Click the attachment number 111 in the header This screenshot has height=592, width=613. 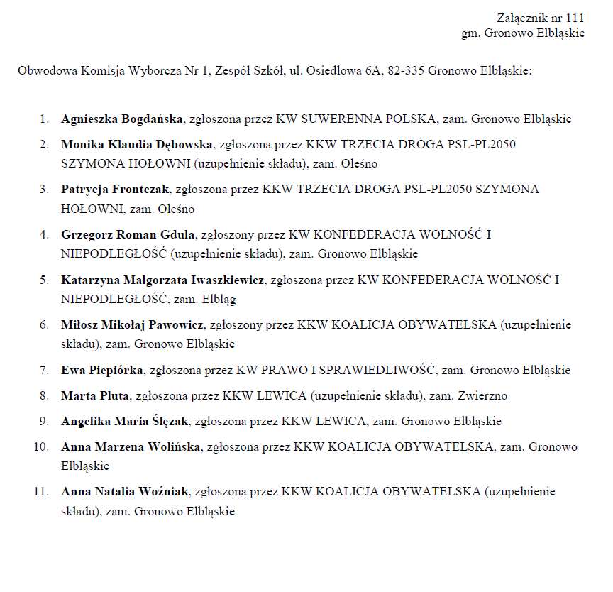pyautogui.click(x=575, y=19)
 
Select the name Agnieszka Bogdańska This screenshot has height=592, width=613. pyautogui.click(x=122, y=119)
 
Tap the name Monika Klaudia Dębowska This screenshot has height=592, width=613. pyautogui.click(x=137, y=145)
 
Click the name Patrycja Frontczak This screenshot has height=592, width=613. pyautogui.click(x=115, y=190)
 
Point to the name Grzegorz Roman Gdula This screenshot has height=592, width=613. pyautogui.click(x=128, y=234)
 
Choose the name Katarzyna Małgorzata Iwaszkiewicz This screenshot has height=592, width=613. pyautogui.click(x=162, y=280)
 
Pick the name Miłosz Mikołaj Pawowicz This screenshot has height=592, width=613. pyautogui.click(x=133, y=325)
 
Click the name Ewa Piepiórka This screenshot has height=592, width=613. pyautogui.click(x=103, y=370)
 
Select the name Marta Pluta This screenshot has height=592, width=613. pyautogui.click(x=95, y=395)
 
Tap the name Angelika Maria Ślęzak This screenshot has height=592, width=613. pyautogui.click(x=125, y=421)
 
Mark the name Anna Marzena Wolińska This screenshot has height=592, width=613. pyautogui.click(x=131, y=447)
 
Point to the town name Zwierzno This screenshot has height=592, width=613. pyautogui.click(x=482, y=395)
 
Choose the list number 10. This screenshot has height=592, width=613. pyautogui.click(x=42, y=447)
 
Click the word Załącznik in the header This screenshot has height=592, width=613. pyautogui.click(x=523, y=19)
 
